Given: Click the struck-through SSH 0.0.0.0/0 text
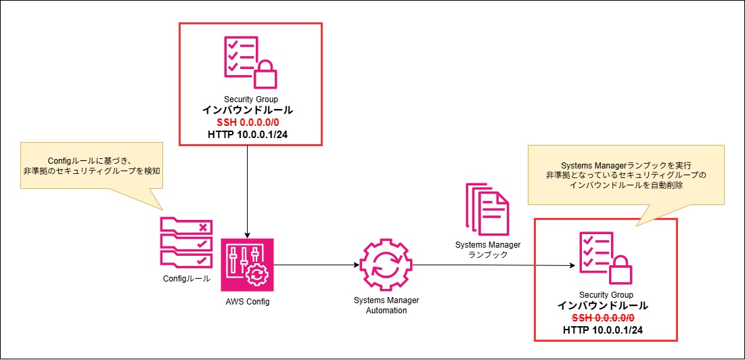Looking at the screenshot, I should pos(606,317).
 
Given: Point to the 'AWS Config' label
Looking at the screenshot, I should pos(248,302).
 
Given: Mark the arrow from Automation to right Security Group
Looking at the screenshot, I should pos(494,265).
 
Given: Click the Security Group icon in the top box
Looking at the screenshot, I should pos(250,63).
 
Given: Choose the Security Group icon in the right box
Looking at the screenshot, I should pos(606,259).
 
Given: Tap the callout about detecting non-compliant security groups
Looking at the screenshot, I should pos(92,166).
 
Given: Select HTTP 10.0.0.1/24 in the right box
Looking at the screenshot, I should pos(606,330).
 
